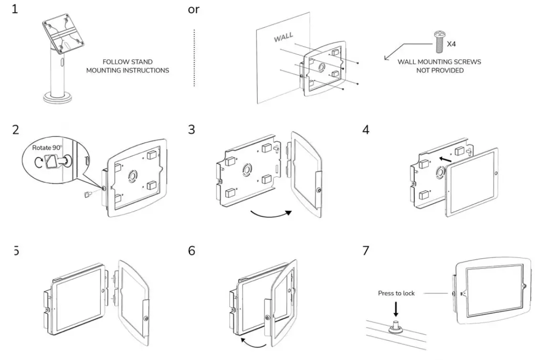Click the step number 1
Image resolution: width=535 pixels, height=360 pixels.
tap(15, 10)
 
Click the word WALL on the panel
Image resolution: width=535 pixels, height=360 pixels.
tap(283, 38)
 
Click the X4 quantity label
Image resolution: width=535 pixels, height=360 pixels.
tap(451, 44)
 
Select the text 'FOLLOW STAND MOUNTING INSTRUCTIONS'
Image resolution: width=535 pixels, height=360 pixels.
tap(127, 66)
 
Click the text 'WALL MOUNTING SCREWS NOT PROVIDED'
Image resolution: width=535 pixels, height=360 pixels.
tap(439, 66)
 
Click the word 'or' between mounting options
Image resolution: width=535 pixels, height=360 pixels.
tap(193, 10)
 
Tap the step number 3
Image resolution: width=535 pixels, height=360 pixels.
tap(191, 129)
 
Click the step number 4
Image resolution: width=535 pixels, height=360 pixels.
tap(366, 129)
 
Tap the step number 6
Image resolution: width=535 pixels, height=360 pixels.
tap(191, 251)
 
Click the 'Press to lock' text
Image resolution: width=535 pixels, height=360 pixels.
tap(396, 293)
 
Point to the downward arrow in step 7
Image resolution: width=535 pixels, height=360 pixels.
tap(396, 309)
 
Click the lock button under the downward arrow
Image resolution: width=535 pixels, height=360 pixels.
tap(396, 327)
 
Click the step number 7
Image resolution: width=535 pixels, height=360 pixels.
tap(366, 251)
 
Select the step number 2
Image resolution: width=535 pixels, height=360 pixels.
tap(15, 129)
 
